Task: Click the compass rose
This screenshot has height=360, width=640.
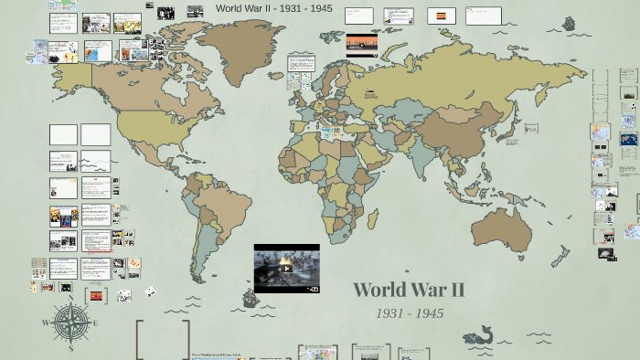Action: coord(70,323)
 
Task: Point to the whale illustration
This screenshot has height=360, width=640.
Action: coord(478,336)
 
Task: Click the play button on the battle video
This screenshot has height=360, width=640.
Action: coord(286,269)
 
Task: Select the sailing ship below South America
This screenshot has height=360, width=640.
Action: coord(248,298)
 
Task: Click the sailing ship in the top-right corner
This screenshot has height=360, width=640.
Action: coord(572,23)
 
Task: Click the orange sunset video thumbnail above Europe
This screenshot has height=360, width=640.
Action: coord(361,46)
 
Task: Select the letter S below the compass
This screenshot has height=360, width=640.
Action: coord(70,348)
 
